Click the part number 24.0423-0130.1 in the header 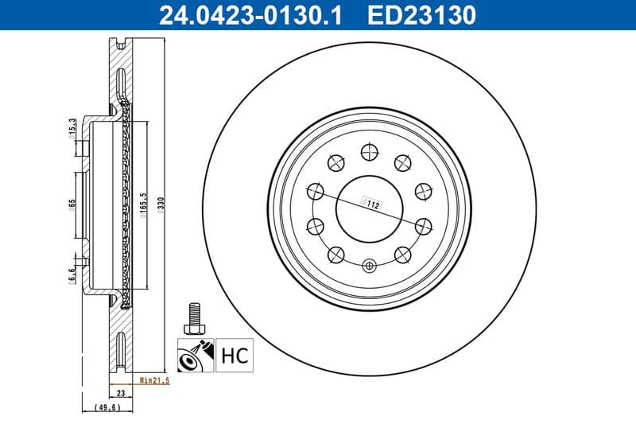click(252, 14)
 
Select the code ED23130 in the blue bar click(422, 14)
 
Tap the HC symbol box click(232, 354)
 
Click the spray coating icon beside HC click(195, 354)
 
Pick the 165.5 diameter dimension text click(144, 204)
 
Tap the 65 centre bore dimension click(71, 204)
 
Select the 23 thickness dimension click(122, 392)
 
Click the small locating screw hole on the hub click(368, 266)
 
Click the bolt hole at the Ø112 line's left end click(315, 191)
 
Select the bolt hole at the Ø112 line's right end click(422, 225)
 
